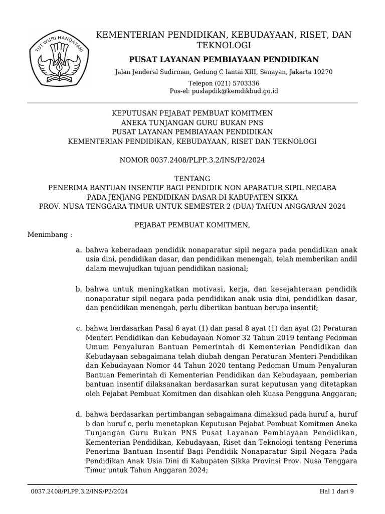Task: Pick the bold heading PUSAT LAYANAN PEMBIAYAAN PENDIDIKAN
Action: pyautogui.click(x=224, y=60)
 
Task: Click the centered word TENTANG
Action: pyautogui.click(x=192, y=179)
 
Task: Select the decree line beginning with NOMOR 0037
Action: pyautogui.click(x=192, y=160)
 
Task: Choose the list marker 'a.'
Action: pyautogui.click(x=79, y=249)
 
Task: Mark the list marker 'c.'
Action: pyautogui.click(x=79, y=328)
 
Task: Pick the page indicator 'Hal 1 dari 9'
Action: pyautogui.click(x=337, y=492)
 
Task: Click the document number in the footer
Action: pyautogui.click(x=79, y=492)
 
